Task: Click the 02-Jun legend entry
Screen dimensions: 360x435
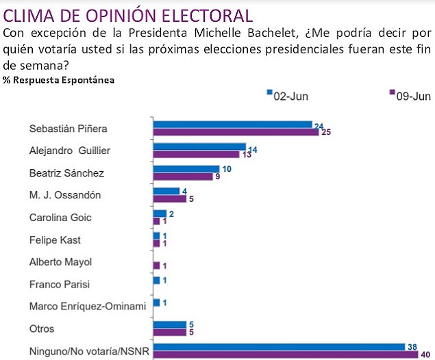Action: pos(287,97)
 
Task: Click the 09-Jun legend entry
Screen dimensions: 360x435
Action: pos(410,97)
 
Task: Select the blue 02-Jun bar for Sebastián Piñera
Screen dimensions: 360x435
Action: pos(233,125)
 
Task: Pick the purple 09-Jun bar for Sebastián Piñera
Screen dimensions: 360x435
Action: pos(236,132)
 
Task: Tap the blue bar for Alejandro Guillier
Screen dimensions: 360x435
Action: pos(199,146)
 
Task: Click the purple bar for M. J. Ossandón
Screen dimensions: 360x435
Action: pos(169,199)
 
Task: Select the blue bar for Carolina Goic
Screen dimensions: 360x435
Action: pos(159,214)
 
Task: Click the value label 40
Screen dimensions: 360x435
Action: pos(426,355)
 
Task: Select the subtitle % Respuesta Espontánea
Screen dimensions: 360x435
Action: pos(59,79)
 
